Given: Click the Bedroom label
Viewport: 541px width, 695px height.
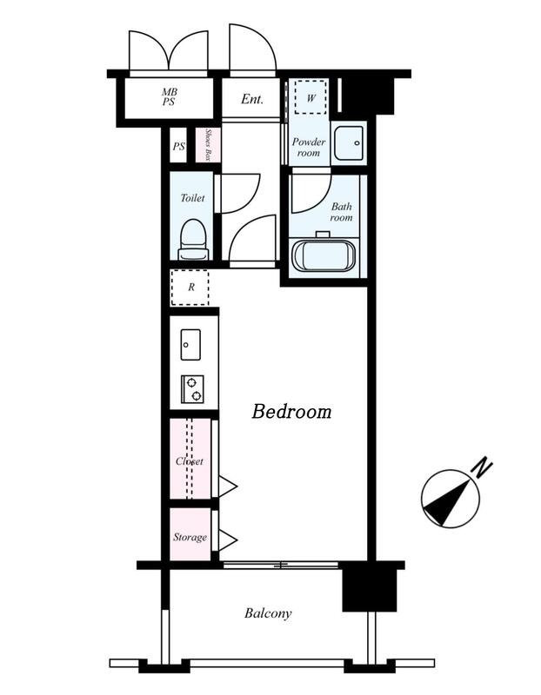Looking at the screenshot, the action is pos(291,411).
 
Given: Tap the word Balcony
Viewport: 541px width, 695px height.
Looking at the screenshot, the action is pos(268,613).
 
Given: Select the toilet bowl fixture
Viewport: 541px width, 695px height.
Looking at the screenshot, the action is pos(193,240).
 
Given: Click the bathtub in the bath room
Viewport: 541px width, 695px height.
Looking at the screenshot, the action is pos(324,255).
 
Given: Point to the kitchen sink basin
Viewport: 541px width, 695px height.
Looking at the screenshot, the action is pos(190,344).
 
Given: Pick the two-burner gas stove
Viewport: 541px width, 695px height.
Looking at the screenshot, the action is pos(192,388).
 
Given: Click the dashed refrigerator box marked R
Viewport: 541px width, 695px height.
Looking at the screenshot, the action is pos(190,288).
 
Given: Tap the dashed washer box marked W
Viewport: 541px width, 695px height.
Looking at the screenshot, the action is pos(311,97).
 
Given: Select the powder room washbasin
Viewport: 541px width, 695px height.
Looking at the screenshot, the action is pos(349,142).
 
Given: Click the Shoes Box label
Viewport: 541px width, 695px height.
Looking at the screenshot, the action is pos(208,145).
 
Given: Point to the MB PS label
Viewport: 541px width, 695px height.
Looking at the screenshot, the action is pos(169,97).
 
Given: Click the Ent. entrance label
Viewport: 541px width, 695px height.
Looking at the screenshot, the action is pos(252,99).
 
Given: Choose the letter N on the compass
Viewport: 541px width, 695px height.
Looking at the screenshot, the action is pos(483,468).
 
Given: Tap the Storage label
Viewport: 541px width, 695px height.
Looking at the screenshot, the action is pos(190,537).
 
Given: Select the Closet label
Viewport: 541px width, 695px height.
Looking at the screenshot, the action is pos(190,461).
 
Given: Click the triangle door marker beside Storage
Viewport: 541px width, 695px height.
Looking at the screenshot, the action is pos(228,539).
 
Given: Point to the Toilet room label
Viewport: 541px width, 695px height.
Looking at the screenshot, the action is pos(192,198).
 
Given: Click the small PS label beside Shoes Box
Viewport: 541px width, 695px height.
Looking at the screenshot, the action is pos(179,146).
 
